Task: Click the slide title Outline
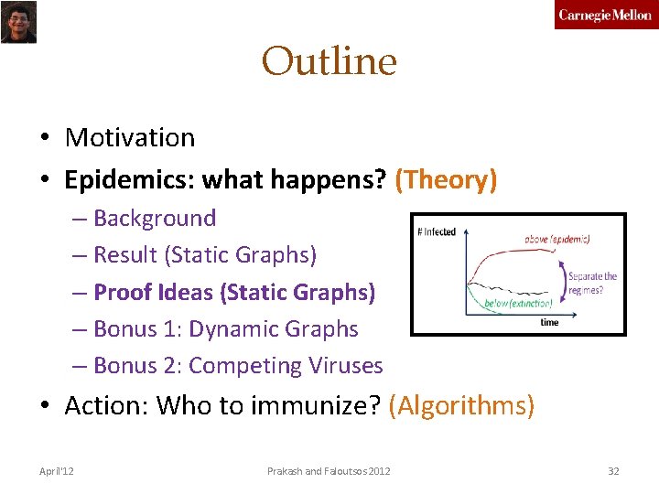[329, 62]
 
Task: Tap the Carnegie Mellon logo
[605, 16]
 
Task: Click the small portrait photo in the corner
[18, 22]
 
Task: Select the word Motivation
[130, 138]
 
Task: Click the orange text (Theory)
[446, 180]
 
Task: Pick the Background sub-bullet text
[155, 219]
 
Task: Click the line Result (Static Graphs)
[205, 255]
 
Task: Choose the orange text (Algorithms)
[461, 405]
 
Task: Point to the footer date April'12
[57, 471]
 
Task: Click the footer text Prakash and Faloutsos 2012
[329, 471]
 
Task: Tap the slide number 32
[613, 471]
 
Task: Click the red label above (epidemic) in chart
[556, 239]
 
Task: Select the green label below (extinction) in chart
[517, 303]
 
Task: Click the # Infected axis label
[436, 231]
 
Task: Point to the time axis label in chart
[549, 322]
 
